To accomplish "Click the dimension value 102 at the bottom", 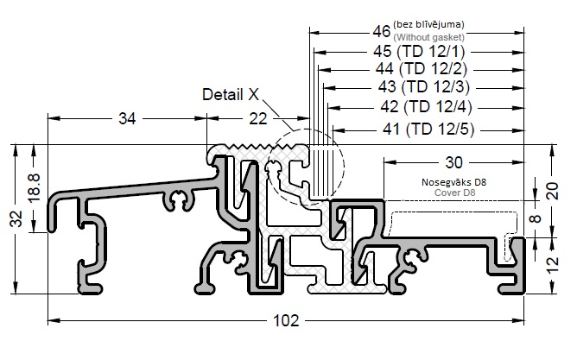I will [x=288, y=320].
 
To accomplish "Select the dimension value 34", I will [x=126, y=119].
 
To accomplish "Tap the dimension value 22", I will [x=257, y=119].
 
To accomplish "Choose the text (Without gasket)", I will [x=429, y=38].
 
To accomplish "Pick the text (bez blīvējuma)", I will [x=429, y=25].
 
